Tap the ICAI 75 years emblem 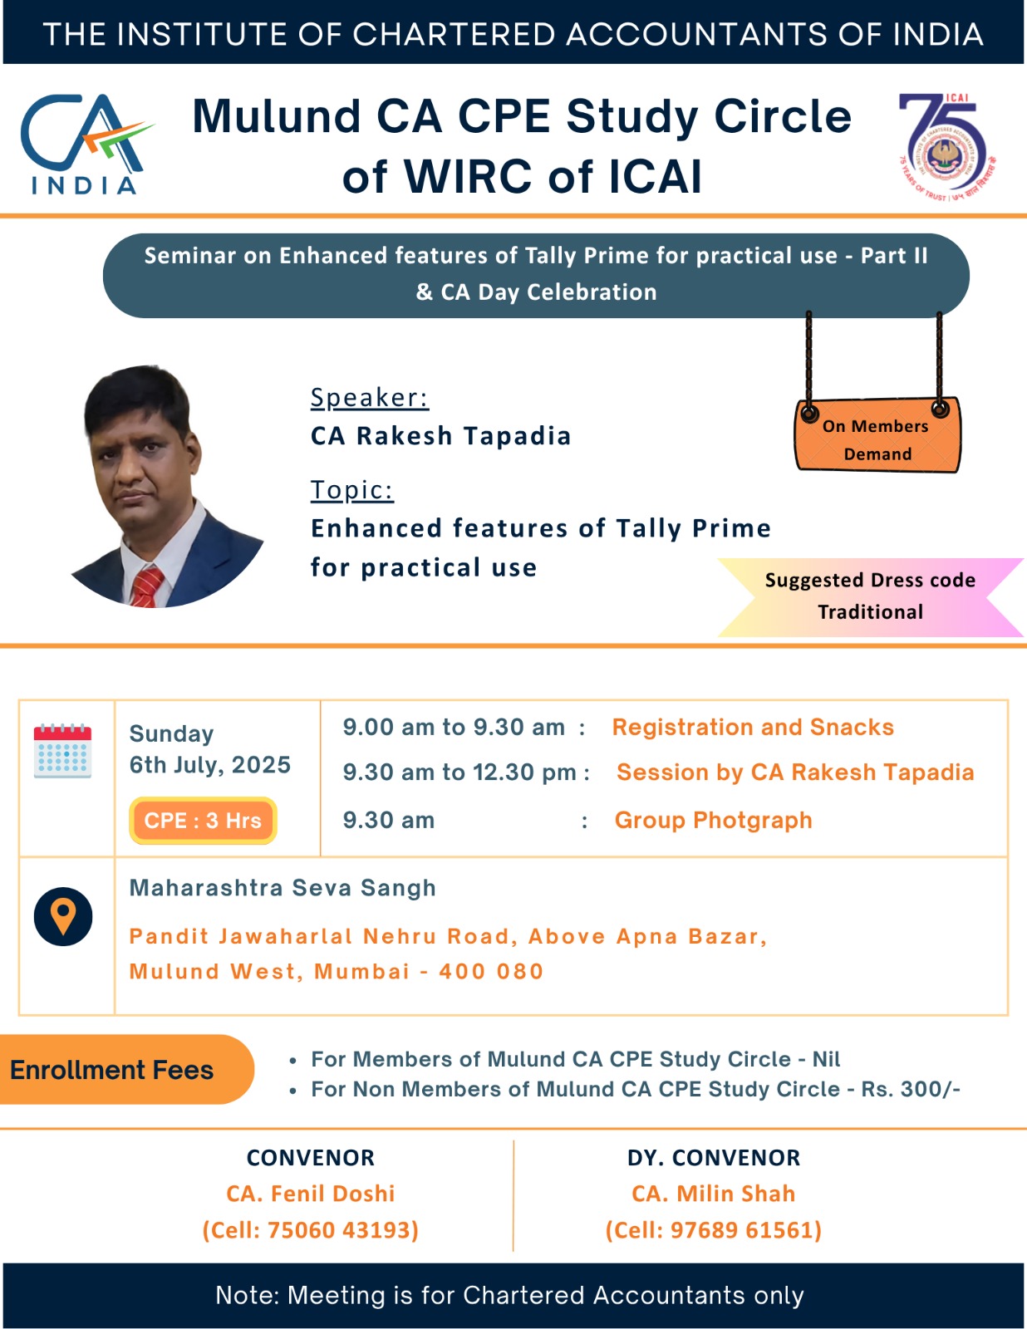(x=946, y=147)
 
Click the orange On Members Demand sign (x=877, y=435)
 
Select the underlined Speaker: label (x=370, y=398)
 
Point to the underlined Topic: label (x=351, y=491)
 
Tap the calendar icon (x=62, y=750)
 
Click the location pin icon (x=63, y=916)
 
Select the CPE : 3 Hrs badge (x=203, y=820)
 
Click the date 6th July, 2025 (x=210, y=764)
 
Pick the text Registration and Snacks (x=753, y=727)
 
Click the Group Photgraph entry (x=713, y=820)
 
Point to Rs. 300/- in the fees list (x=911, y=1089)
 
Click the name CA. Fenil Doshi (x=311, y=1194)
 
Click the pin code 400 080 (x=491, y=971)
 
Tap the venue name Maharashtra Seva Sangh (x=283, y=887)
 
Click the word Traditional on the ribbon (x=871, y=611)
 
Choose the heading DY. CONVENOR (x=714, y=1158)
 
